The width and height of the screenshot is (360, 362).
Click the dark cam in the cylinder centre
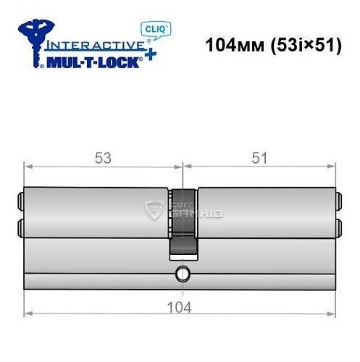(183, 222)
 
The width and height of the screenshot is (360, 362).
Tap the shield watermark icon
(155, 211)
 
